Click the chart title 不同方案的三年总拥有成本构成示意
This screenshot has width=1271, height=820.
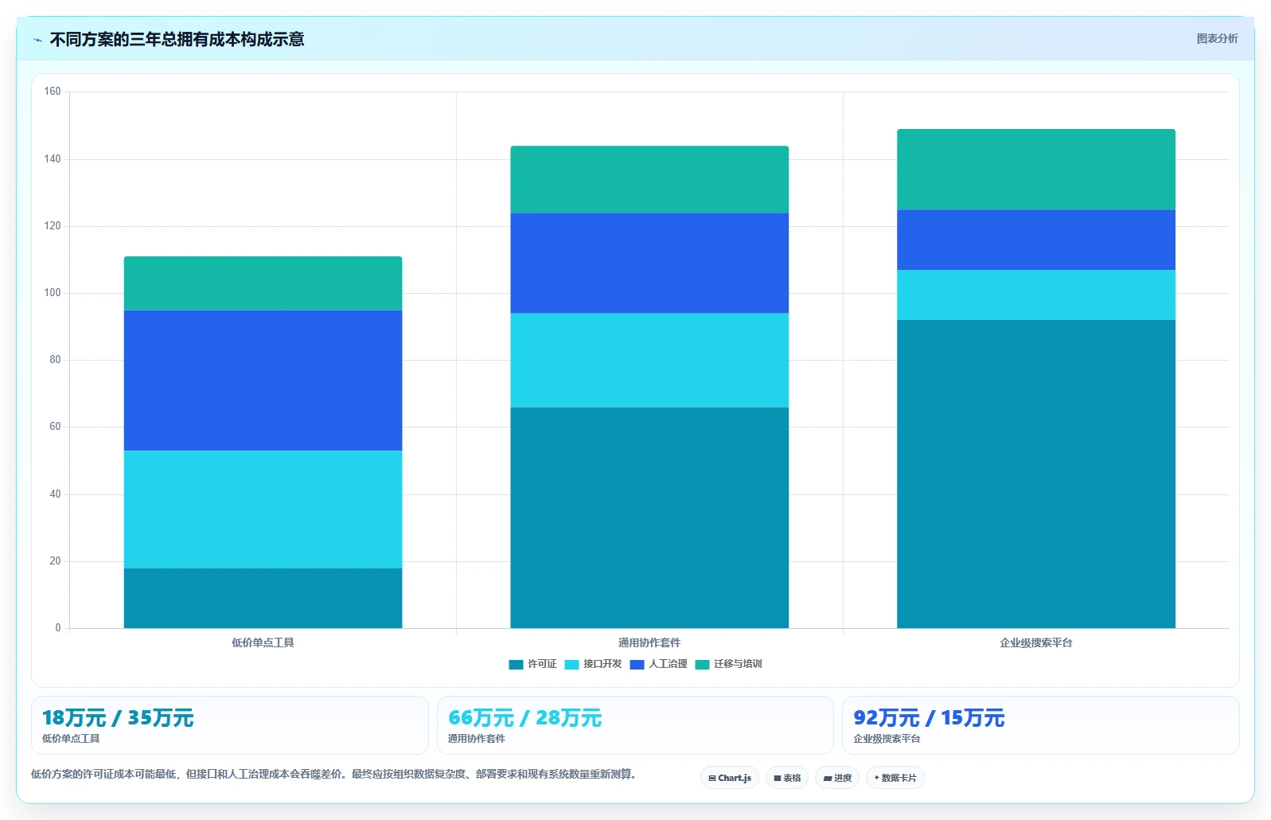pyautogui.click(x=177, y=39)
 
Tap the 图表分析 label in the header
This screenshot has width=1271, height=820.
pyautogui.click(x=1217, y=38)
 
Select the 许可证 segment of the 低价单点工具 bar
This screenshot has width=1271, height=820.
pyautogui.click(x=263, y=598)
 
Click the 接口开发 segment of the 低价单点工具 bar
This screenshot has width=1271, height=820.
pyautogui.click(x=263, y=510)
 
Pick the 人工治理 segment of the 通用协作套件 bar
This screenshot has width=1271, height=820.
pyautogui.click(x=649, y=264)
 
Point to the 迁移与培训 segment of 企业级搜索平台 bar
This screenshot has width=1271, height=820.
pyautogui.click(x=1036, y=170)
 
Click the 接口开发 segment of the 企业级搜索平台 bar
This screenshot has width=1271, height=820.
pyautogui.click(x=1036, y=295)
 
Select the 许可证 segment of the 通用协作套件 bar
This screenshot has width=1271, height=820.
pyautogui.click(x=649, y=517)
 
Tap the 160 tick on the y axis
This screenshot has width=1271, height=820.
pyautogui.click(x=53, y=92)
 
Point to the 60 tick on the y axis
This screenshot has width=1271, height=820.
pyautogui.click(x=55, y=427)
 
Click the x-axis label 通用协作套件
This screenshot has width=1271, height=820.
pyautogui.click(x=649, y=643)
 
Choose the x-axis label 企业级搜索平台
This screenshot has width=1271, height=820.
pyautogui.click(x=1036, y=643)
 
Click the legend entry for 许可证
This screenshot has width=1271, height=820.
pyautogui.click(x=532, y=664)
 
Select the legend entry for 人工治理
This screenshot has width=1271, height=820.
pyautogui.click(x=659, y=664)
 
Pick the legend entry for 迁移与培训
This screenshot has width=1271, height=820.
pyautogui.click(x=728, y=664)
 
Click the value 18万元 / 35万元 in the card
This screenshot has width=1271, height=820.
pyautogui.click(x=118, y=718)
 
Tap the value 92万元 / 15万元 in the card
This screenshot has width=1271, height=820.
pyautogui.click(x=929, y=718)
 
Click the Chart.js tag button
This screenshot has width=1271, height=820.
pyautogui.click(x=730, y=778)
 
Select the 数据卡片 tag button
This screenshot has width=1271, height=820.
pyautogui.click(x=895, y=778)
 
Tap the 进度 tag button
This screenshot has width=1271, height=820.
pyautogui.click(x=837, y=778)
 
